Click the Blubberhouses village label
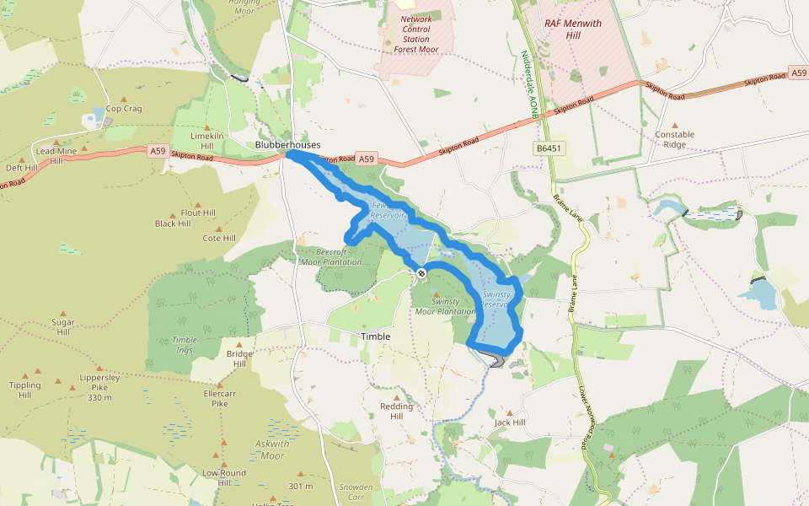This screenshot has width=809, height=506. point(287,145)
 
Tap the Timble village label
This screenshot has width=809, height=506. point(376,336)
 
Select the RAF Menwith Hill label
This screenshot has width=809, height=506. point(573,30)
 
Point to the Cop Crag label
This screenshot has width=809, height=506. point(124,109)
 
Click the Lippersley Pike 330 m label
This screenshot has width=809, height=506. point(99,387)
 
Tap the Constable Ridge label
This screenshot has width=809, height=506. point(675,139)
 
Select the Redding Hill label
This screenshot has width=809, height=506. point(397,412)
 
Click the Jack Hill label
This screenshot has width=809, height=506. point(510,423)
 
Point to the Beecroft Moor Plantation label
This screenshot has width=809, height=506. point(331,256)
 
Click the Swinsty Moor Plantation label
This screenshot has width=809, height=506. point(445,306)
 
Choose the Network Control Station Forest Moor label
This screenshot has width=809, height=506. point(415,35)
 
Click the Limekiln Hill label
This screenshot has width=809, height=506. point(207,141)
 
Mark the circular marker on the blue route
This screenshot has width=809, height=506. point(421,272)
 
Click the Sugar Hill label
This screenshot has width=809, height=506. point(62,327)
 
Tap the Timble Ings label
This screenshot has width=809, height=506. point(185,344)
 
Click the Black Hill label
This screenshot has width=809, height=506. point(172,223)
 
